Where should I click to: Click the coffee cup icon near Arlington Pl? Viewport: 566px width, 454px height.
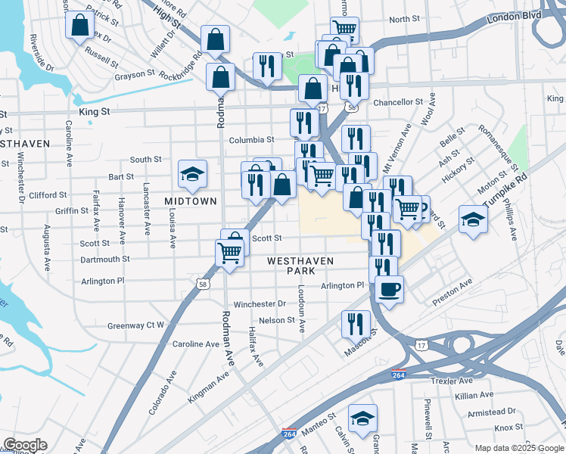389,288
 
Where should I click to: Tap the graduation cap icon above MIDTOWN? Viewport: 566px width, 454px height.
191,174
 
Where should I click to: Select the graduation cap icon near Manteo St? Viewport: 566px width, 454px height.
362,418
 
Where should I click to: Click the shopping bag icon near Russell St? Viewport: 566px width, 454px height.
79,25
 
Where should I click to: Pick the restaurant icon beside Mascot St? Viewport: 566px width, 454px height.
356,324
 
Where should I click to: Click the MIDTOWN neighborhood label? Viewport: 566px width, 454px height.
191,201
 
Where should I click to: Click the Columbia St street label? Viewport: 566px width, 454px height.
251,140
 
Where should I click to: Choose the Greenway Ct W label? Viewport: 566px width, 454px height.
136,325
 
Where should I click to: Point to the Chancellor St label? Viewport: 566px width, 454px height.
398,102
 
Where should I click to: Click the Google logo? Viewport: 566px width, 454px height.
24,445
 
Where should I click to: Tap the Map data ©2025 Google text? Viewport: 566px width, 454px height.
518,448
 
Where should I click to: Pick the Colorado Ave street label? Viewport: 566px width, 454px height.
163,393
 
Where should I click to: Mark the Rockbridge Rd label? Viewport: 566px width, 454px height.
182,65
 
